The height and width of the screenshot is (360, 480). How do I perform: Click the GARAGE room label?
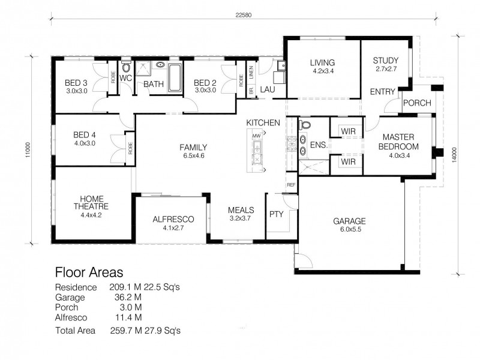tap(349, 221)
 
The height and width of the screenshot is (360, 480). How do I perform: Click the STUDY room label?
tap(385, 61)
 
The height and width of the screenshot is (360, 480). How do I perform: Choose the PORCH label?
tap(416, 103)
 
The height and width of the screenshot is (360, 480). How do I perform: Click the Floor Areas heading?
tap(89, 272)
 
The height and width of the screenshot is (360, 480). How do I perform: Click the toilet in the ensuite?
tap(304, 127)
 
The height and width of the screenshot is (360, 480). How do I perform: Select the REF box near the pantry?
tap(292, 185)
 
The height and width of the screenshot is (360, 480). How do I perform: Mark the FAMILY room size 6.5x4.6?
tap(193, 156)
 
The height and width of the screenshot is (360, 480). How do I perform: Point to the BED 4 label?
tap(85, 134)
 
